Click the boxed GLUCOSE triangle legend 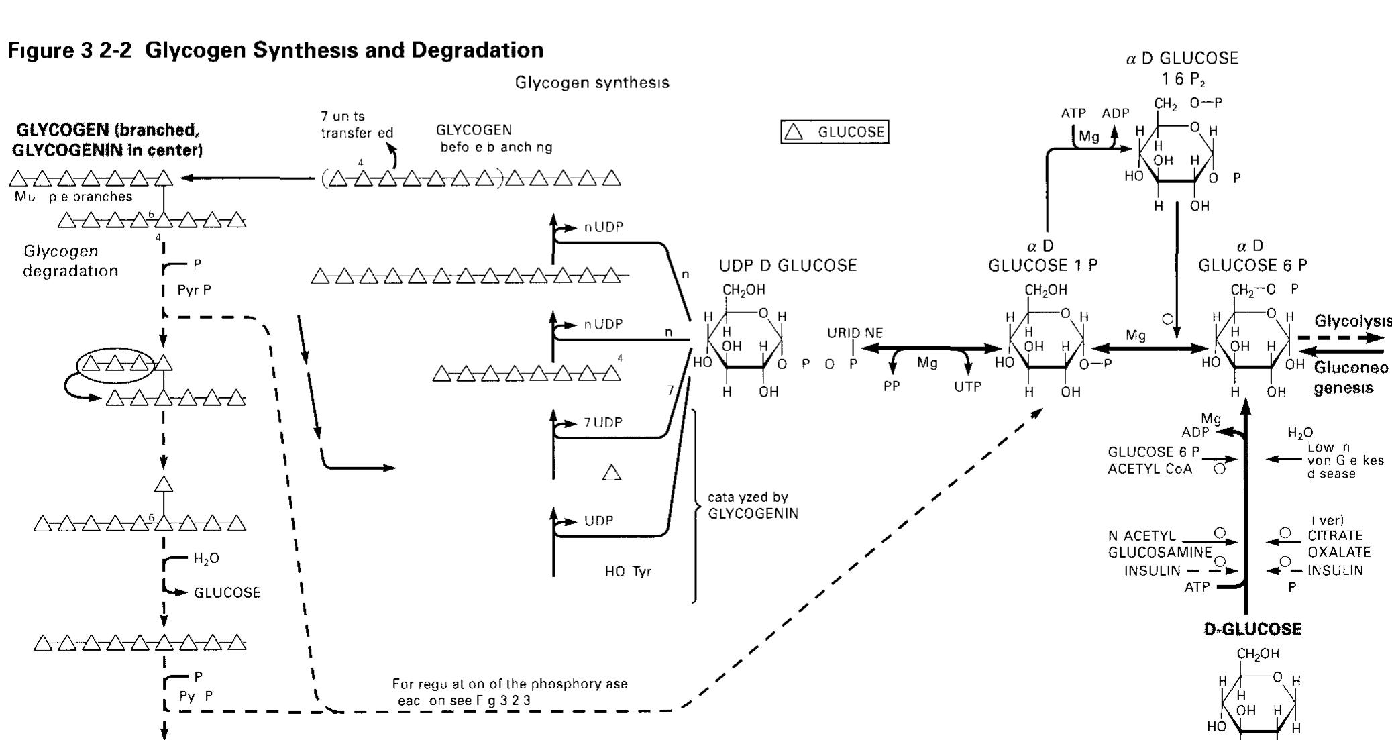click(835, 131)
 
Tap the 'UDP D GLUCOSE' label click(788, 266)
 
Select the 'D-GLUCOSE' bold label click(1252, 629)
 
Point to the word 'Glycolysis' click(1352, 321)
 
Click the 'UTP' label click(967, 387)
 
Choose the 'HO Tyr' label click(627, 572)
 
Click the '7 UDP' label click(602, 423)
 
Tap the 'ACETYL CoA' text click(1150, 469)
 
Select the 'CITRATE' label click(1335, 535)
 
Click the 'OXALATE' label click(1338, 552)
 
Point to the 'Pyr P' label click(194, 290)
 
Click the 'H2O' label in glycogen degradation click(206, 558)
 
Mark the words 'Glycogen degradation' click(70, 261)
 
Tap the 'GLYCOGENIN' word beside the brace click(753, 514)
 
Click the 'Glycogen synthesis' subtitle click(592, 83)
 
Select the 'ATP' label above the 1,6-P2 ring click(1073, 113)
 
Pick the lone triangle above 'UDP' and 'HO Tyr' click(611, 473)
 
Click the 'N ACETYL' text click(1142, 535)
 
